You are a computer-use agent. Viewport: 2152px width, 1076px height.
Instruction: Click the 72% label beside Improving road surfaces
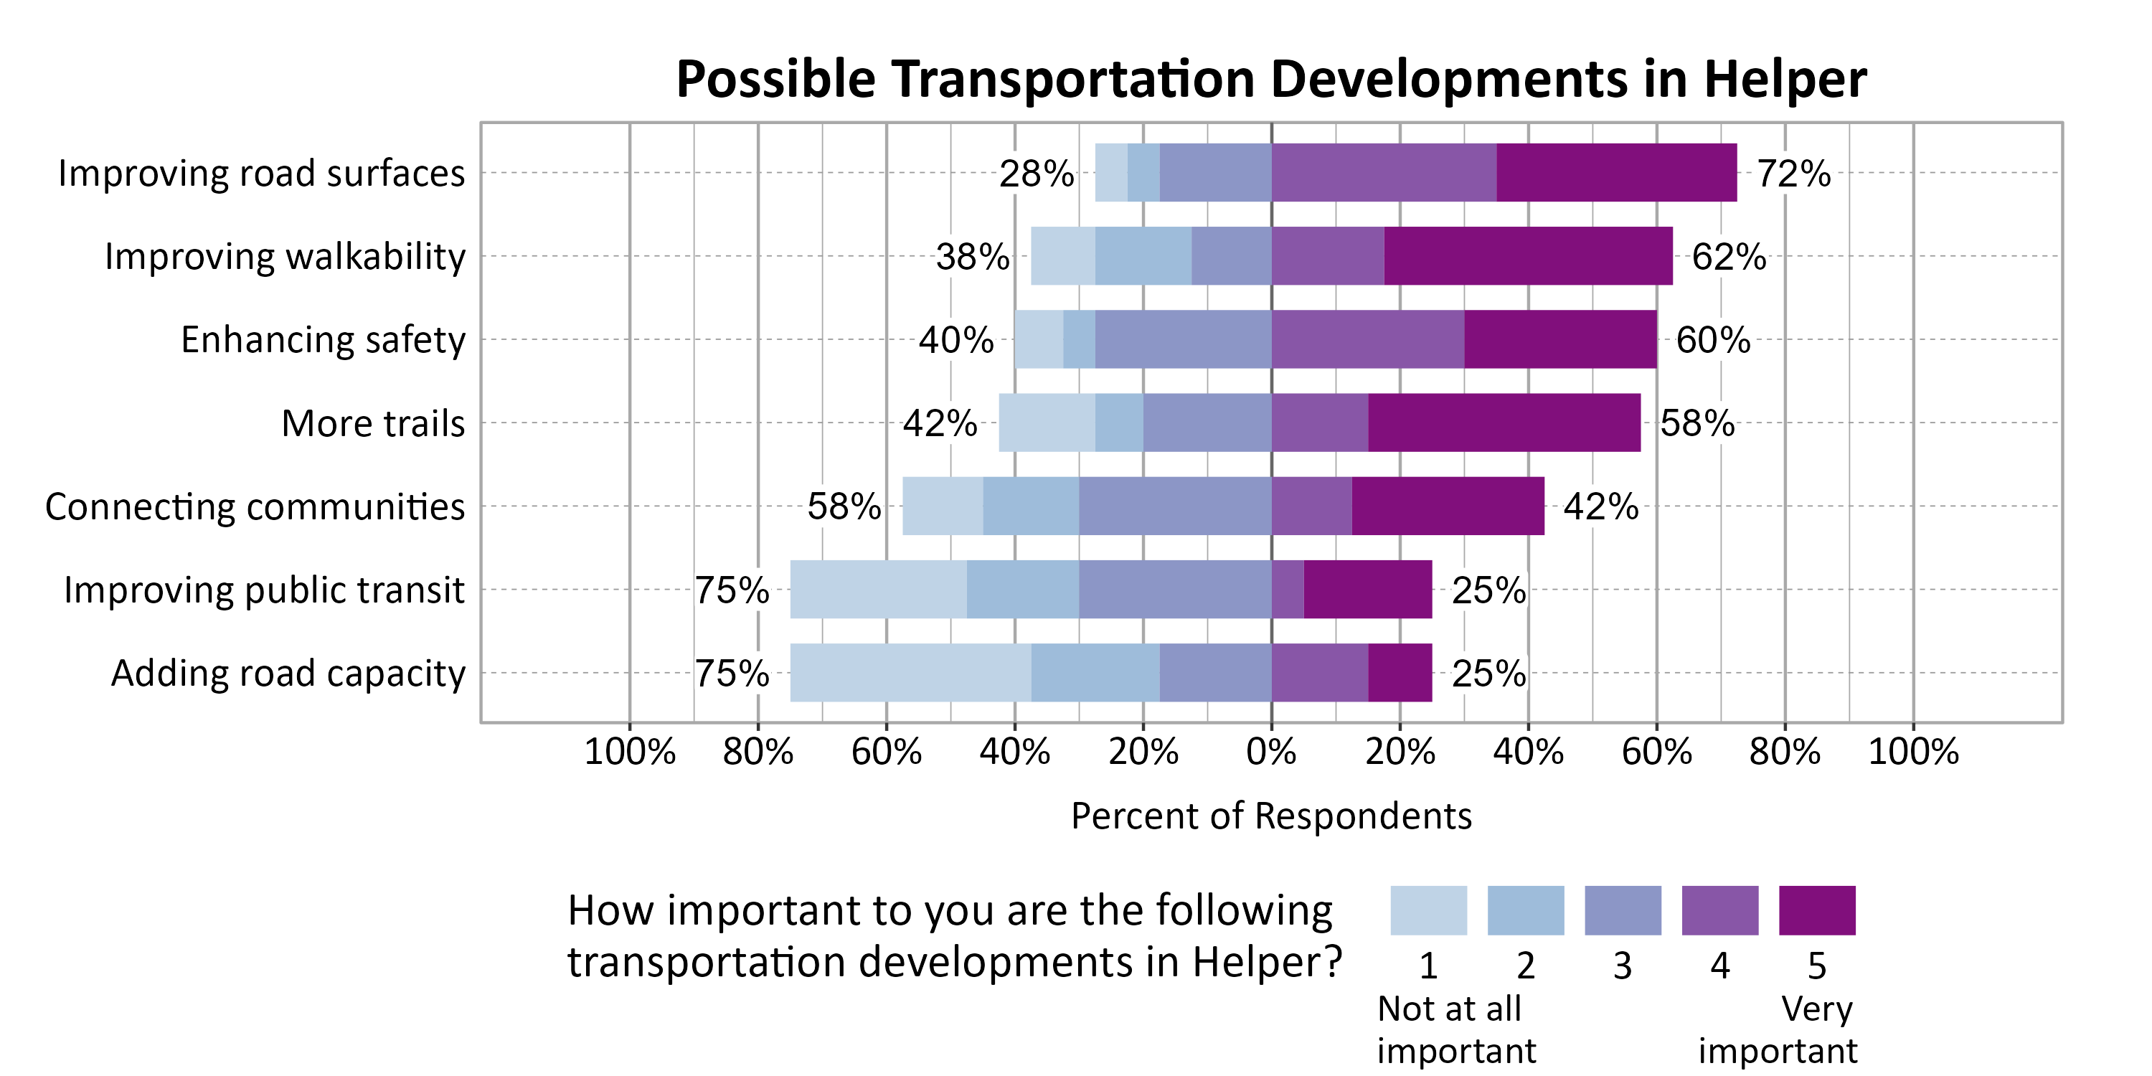coord(1793,174)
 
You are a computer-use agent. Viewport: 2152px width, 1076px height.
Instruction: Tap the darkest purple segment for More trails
coord(1504,423)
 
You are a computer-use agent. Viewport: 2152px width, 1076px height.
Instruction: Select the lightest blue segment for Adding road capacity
coord(910,673)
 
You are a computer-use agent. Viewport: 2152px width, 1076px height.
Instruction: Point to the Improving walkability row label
coord(285,257)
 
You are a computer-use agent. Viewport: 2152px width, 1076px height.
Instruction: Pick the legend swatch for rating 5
coord(1816,910)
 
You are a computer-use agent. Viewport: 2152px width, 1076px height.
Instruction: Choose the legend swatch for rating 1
coord(1427,910)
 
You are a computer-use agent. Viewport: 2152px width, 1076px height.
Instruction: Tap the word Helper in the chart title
coord(1785,80)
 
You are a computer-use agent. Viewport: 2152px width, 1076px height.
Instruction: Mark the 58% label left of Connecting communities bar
coord(844,506)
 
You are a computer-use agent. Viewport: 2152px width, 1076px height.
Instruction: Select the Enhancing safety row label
coord(323,340)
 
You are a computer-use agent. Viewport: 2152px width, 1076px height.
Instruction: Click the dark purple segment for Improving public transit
coord(1367,589)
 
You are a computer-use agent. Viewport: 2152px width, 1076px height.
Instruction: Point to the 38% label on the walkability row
coord(973,257)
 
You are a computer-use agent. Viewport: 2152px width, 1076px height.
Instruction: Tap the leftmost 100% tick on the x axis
coord(629,752)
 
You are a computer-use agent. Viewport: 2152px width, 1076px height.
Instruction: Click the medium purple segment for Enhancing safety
coord(1367,339)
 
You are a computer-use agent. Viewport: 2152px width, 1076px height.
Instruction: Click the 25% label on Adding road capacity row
coord(1488,674)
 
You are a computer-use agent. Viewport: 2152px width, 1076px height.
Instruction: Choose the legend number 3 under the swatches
coord(1623,966)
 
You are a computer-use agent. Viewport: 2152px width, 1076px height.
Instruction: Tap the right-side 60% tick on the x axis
coord(1656,752)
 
